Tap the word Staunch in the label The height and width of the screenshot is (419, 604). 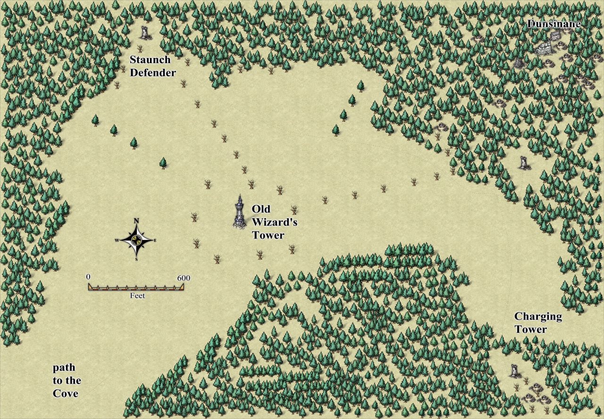150,60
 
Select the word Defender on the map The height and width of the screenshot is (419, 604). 153,73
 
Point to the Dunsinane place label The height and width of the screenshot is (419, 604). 554,24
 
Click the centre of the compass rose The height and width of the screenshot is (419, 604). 136,240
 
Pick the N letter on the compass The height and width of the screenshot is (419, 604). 136,221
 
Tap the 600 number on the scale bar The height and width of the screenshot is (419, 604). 184,278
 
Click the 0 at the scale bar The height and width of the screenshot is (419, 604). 88,277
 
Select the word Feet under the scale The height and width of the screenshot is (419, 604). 137,296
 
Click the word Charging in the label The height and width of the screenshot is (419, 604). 538,316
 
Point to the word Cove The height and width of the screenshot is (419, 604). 66,394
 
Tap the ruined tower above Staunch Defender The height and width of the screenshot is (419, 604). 145,32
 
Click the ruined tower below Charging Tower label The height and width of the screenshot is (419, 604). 515,371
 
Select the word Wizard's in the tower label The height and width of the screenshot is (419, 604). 274,222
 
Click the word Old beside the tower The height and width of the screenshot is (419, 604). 261,209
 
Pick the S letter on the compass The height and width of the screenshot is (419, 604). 136,259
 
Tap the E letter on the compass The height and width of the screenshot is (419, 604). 155,240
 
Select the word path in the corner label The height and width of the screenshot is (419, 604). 64,367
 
